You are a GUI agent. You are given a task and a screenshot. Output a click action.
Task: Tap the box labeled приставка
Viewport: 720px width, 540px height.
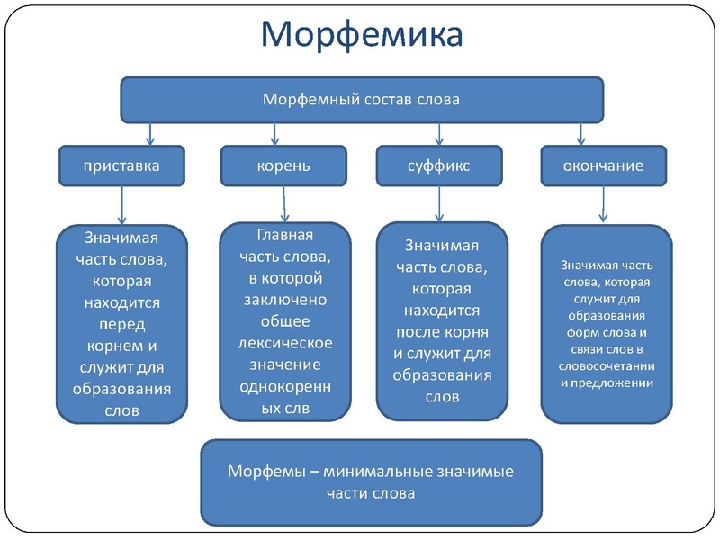coord(121,166)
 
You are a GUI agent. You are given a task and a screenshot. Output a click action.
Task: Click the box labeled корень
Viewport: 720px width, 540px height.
coord(283,166)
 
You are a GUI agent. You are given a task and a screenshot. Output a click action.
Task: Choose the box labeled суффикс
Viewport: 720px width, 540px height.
coord(438,166)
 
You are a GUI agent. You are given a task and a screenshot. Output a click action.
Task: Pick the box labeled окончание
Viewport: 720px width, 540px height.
coord(603,166)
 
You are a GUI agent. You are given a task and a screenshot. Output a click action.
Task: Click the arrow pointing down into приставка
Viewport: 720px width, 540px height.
coord(150,134)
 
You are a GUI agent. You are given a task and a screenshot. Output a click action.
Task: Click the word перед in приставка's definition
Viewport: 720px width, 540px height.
coord(122,324)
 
